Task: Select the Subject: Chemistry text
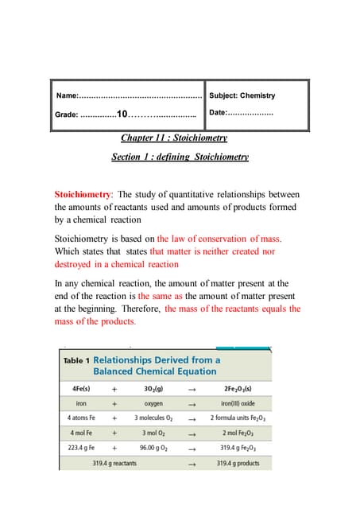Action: pos(242,95)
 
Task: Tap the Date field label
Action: pos(219,113)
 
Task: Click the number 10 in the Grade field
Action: pos(122,115)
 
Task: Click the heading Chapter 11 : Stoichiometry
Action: pos(180,138)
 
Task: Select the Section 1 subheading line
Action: pos(180,157)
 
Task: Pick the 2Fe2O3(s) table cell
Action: pos(238,390)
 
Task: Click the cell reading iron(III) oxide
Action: pos(238,404)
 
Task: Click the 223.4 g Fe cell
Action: pos(83,448)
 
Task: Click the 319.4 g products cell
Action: pos(238,463)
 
